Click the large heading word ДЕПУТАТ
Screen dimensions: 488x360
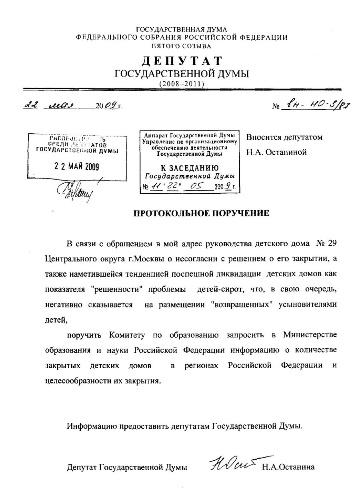182,60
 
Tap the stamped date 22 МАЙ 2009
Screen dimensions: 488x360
77,167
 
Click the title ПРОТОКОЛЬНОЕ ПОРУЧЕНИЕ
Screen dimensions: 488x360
201,213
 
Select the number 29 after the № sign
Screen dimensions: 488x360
332,244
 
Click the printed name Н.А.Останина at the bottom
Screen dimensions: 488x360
288,467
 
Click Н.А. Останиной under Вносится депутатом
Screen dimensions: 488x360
276,152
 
